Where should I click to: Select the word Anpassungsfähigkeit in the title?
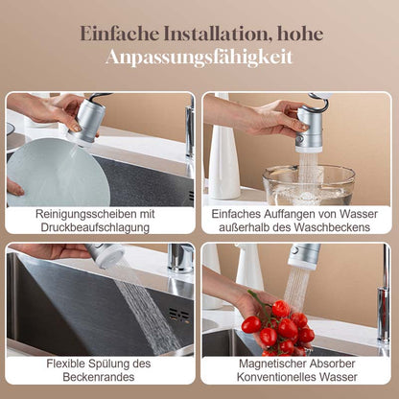click(x=199, y=58)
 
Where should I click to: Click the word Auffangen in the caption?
click(x=286, y=214)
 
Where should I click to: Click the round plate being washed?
click(x=58, y=173)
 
